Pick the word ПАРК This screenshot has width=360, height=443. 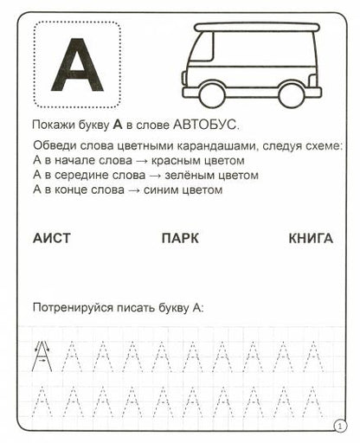click(180, 237)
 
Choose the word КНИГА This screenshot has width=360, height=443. click(310, 237)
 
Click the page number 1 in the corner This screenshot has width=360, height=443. click(338, 426)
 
